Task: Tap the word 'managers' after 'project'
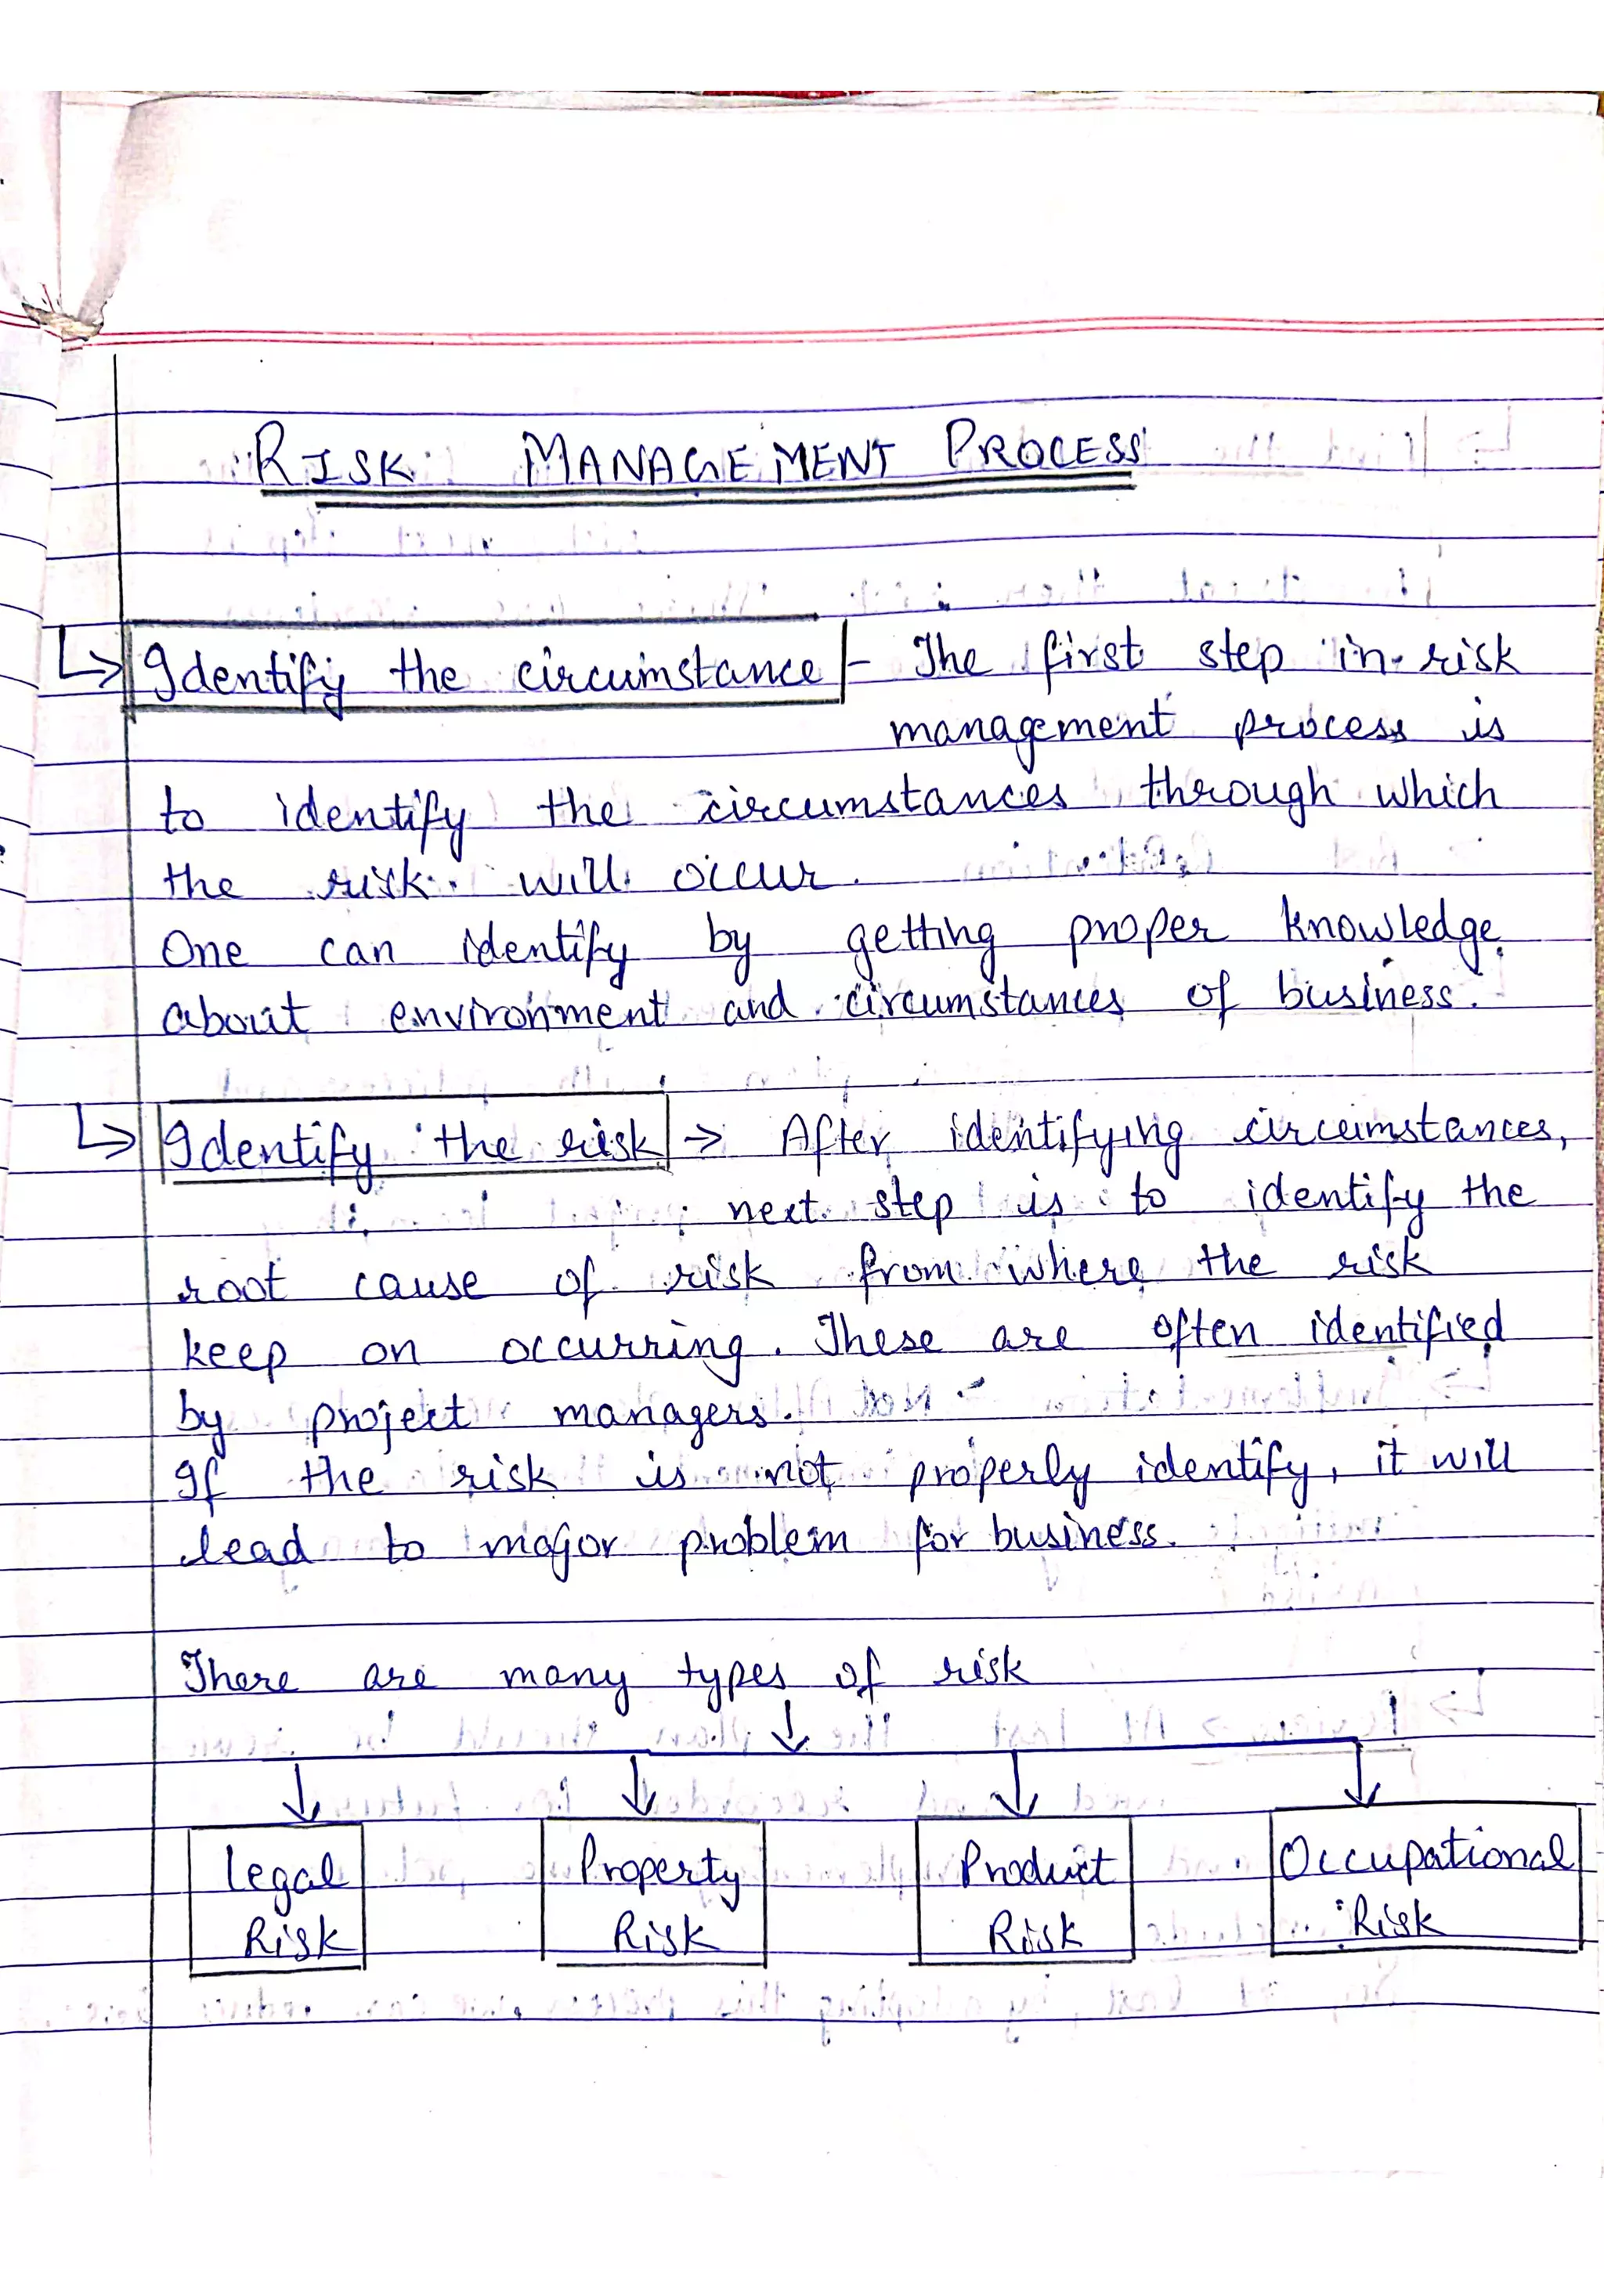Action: pyautogui.click(x=659, y=1414)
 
